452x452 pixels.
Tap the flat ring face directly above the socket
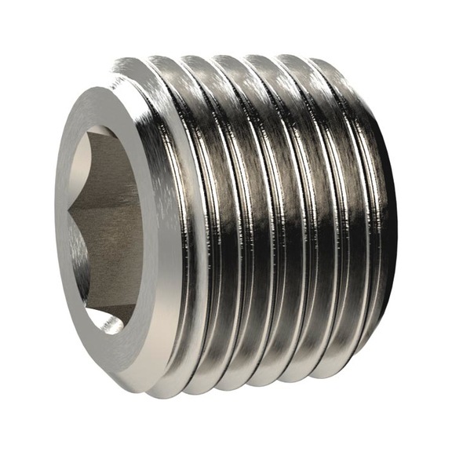tap(110, 102)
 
